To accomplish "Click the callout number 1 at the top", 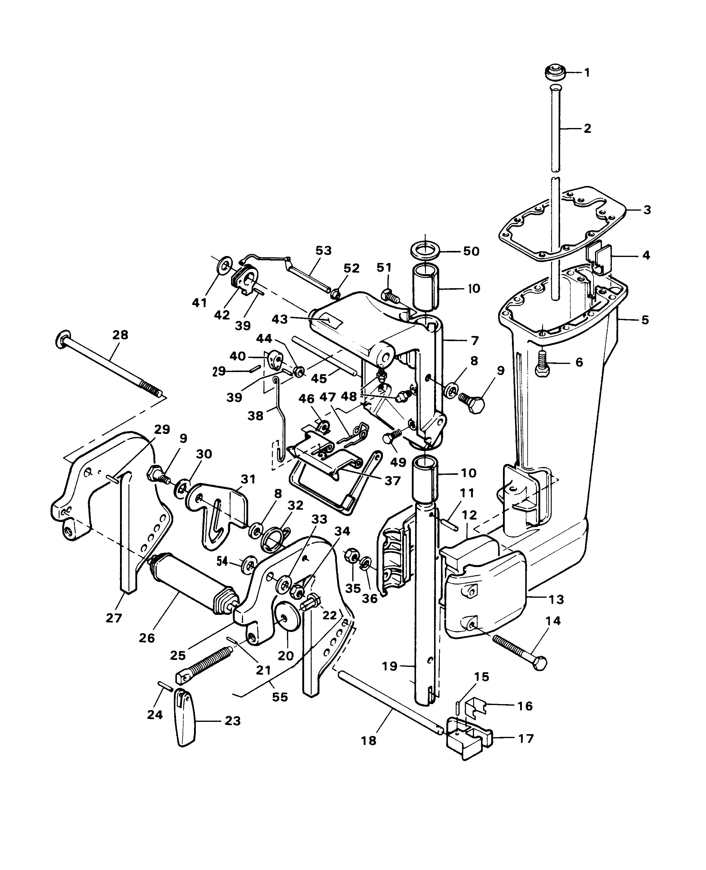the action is point(587,73).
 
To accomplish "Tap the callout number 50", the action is point(471,251).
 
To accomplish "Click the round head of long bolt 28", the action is point(62,339).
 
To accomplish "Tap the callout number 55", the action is point(280,697).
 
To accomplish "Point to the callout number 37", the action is point(393,481).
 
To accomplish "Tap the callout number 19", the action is point(390,667).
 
